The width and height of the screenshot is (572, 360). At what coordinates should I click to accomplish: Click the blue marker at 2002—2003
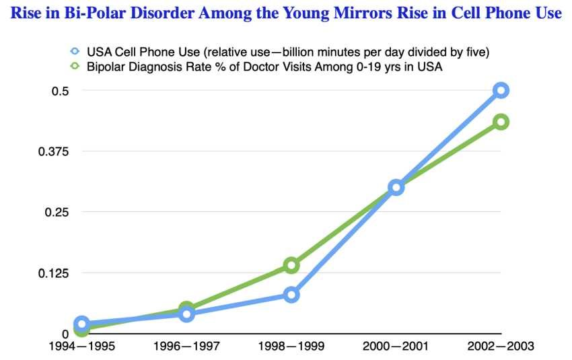tap(500, 90)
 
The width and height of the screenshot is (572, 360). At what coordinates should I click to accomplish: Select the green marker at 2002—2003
tap(500, 122)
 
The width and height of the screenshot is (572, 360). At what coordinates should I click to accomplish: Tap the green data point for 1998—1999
tap(291, 265)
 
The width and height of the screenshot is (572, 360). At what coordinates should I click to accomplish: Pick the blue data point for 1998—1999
tap(291, 295)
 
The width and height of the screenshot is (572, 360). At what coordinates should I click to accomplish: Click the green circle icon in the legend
tap(75, 66)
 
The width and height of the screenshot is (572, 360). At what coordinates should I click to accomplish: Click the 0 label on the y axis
tap(65, 334)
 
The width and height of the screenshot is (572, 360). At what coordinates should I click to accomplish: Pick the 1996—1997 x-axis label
tap(186, 347)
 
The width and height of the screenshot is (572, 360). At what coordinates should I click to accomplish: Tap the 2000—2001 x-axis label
tap(396, 347)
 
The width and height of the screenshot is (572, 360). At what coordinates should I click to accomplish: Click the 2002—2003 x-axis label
tap(501, 347)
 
